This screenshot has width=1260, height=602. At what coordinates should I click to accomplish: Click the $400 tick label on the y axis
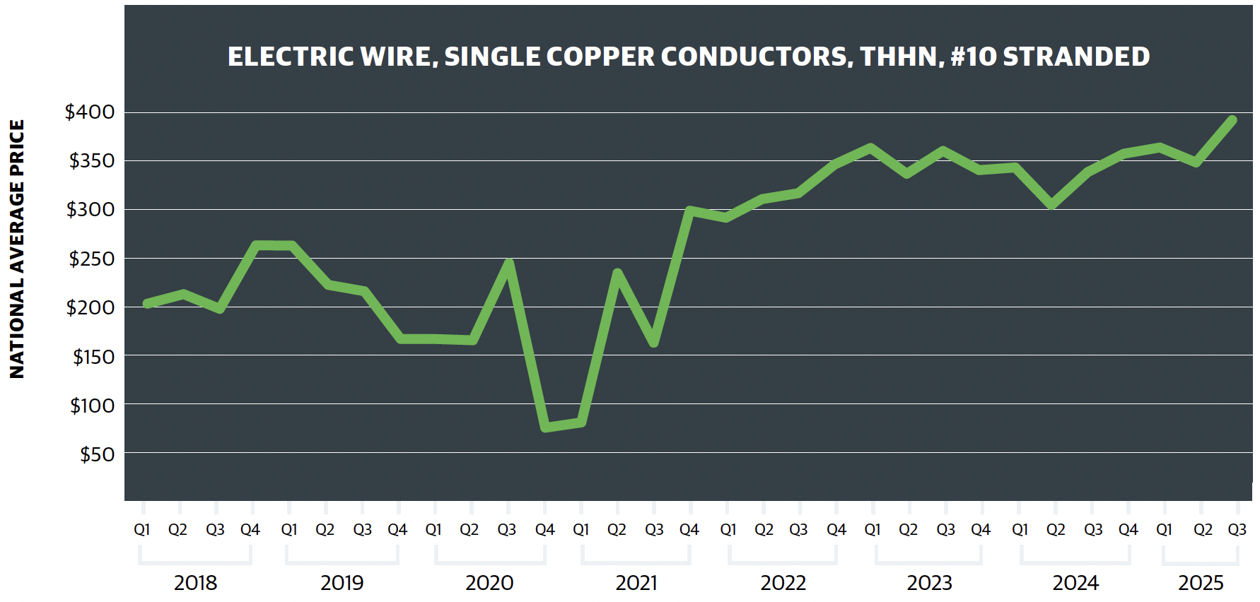pyautogui.click(x=90, y=112)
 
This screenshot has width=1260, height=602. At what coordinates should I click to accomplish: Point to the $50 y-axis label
pyautogui.click(x=97, y=454)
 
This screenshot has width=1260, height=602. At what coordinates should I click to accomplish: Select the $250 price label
pyautogui.click(x=91, y=259)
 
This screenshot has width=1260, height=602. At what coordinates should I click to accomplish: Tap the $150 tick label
pyautogui.click(x=93, y=357)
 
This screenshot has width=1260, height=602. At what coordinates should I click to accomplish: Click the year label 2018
pyautogui.click(x=195, y=583)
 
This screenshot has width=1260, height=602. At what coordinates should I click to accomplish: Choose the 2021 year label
pyautogui.click(x=636, y=583)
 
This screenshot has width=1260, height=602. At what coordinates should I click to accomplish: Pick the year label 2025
pyautogui.click(x=1201, y=583)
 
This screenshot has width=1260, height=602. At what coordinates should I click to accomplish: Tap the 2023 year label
pyautogui.click(x=929, y=583)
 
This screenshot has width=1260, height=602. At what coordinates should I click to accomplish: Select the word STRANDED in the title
pyautogui.click(x=1076, y=57)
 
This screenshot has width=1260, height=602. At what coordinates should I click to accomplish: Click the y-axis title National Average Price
pyautogui.click(x=17, y=249)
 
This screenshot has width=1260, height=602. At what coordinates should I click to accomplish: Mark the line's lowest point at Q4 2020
pyautogui.click(x=545, y=427)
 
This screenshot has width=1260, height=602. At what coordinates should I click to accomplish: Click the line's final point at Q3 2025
pyautogui.click(x=1232, y=121)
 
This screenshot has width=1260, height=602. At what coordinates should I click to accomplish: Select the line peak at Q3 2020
pyautogui.click(x=508, y=264)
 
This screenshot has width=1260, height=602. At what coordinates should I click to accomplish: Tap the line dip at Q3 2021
pyautogui.click(x=654, y=343)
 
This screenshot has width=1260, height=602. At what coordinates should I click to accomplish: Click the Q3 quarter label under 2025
pyautogui.click(x=1237, y=529)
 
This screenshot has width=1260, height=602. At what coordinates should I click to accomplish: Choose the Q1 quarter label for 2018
pyautogui.click(x=142, y=529)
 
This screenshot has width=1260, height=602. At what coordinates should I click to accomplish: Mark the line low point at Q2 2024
pyautogui.click(x=1052, y=205)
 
